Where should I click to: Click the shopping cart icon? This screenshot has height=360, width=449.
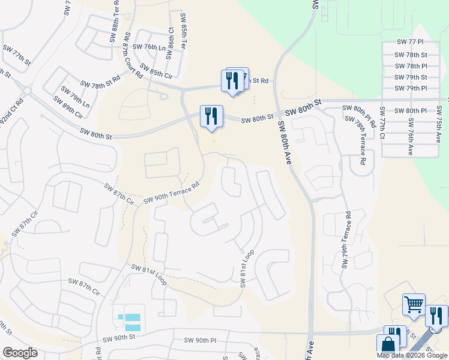[x=414, y=305]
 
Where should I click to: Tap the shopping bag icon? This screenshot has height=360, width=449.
[x=388, y=345]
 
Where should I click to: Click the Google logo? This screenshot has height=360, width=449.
[x=20, y=353]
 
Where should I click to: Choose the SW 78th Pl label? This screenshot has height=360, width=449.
[x=411, y=66]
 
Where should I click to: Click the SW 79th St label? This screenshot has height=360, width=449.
[x=411, y=77]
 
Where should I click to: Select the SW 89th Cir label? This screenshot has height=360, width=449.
[x=67, y=107]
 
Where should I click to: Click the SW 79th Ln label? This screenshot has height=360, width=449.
[x=74, y=93]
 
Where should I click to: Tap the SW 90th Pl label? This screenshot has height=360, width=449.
[x=200, y=341]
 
